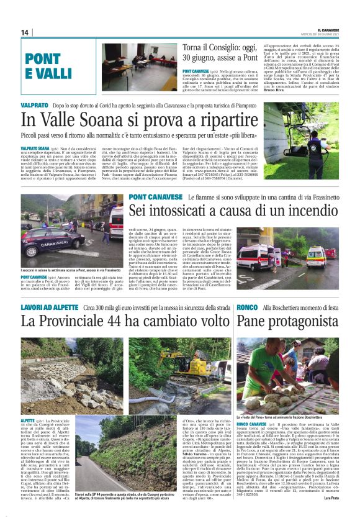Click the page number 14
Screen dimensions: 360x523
tap(25, 32)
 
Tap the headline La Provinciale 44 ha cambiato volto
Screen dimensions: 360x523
tap(125, 321)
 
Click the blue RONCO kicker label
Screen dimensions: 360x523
tap(246, 307)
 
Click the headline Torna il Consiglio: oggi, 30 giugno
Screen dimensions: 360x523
tap(228, 53)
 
